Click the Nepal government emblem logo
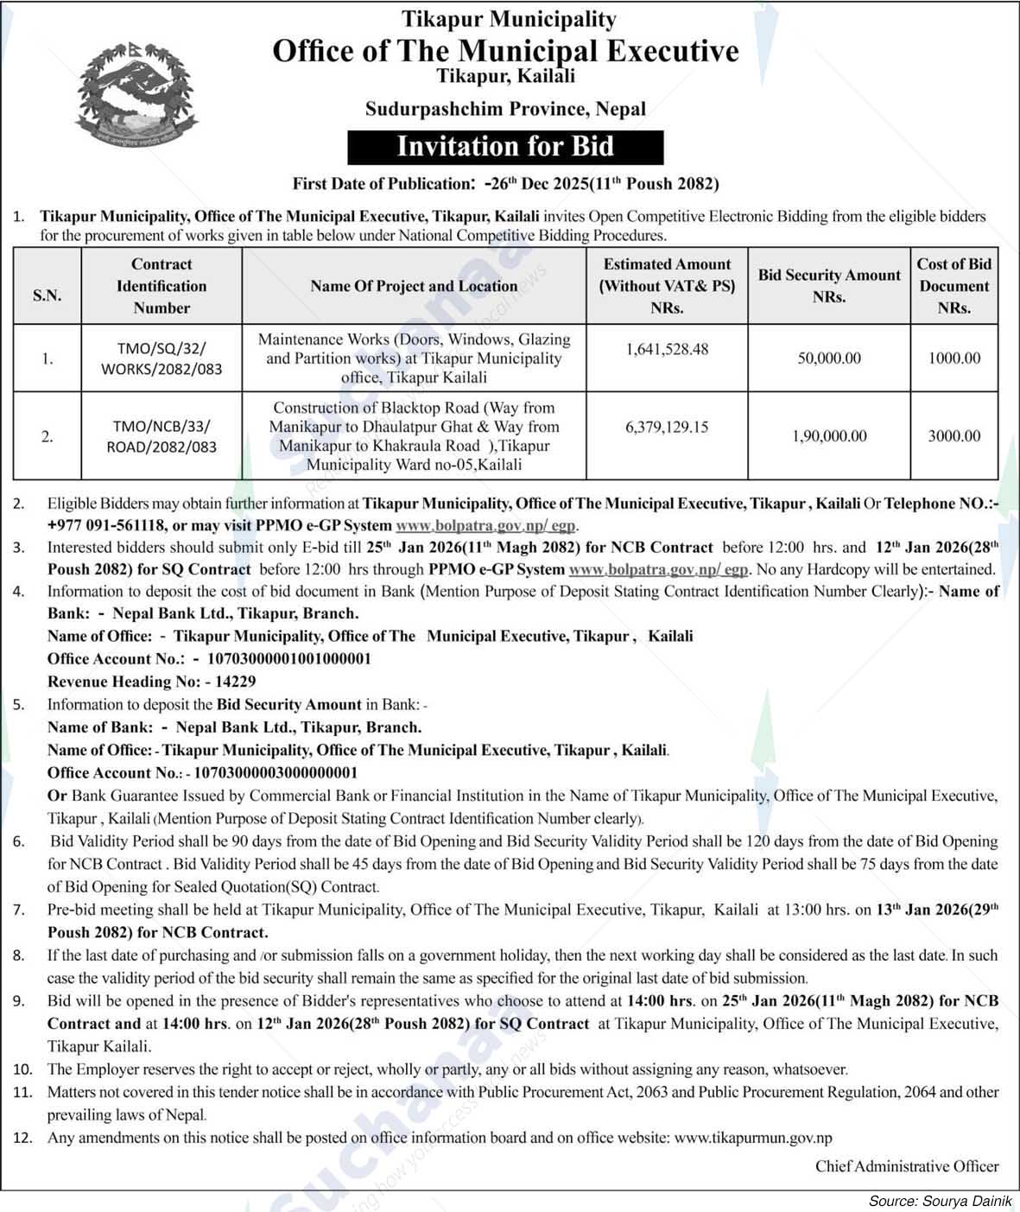click(x=137, y=97)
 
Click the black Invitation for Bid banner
click(x=505, y=147)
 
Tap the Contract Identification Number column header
click(x=162, y=286)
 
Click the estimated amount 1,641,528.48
click(x=667, y=349)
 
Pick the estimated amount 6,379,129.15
click(x=667, y=427)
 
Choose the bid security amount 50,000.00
click(x=829, y=358)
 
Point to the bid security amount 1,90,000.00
click(x=829, y=436)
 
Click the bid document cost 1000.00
click(x=954, y=358)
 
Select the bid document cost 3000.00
click(x=954, y=436)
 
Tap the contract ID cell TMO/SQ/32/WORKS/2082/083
click(x=162, y=359)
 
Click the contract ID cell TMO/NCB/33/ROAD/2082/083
click(x=162, y=436)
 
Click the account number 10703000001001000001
click(x=285, y=658)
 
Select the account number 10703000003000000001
click(x=276, y=772)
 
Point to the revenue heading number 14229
click(x=231, y=681)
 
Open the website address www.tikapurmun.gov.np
click(x=752, y=1138)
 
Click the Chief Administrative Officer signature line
click(x=907, y=1166)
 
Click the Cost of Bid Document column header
click(x=954, y=286)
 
